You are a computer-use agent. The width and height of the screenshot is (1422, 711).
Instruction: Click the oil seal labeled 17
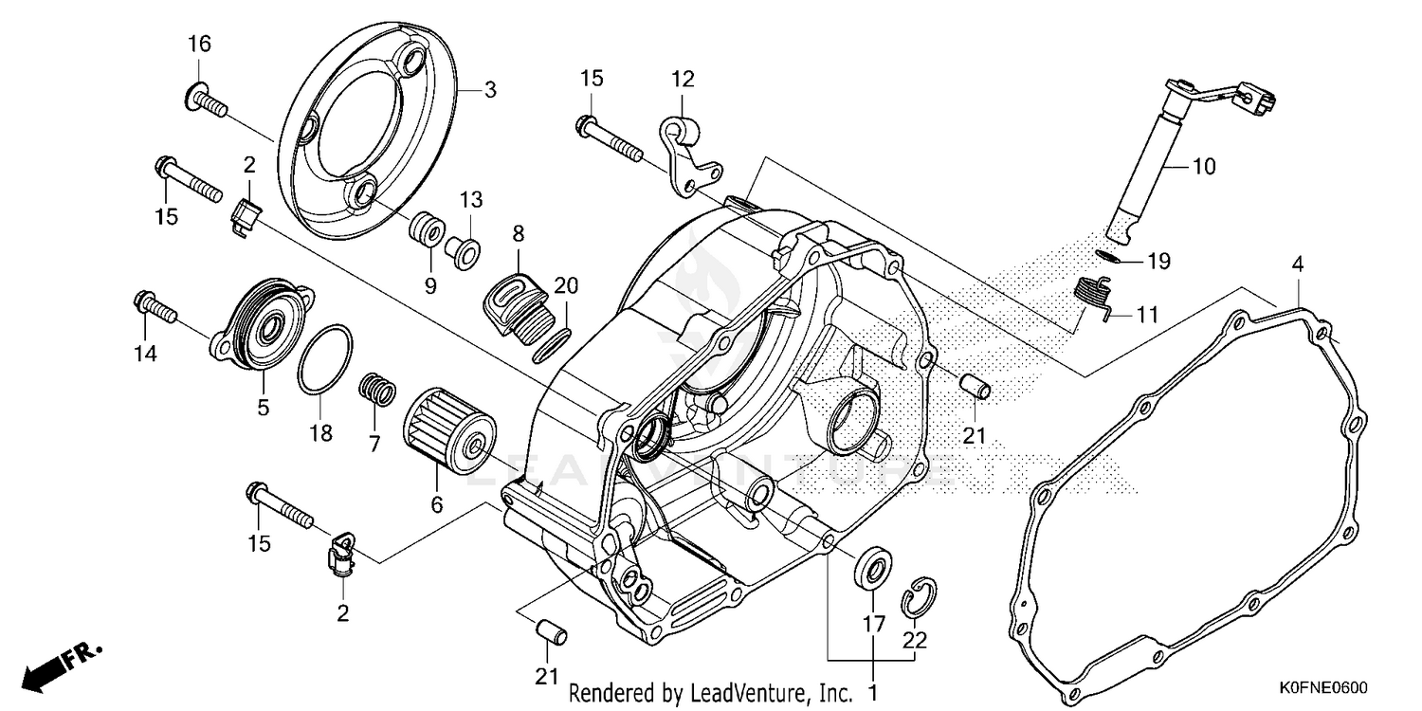click(x=873, y=569)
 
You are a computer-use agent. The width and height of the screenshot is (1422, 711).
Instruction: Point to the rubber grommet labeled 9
click(x=426, y=230)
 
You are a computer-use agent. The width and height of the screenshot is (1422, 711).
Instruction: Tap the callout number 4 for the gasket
click(x=1296, y=265)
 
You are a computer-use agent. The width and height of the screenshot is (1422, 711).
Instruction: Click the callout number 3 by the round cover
click(x=490, y=91)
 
